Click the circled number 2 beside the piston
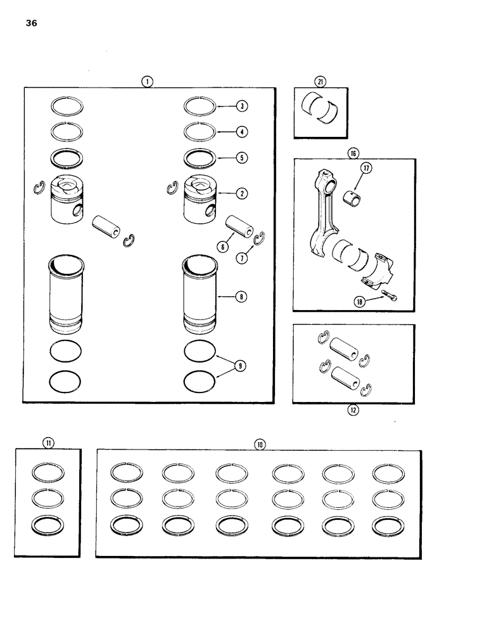click(x=243, y=193)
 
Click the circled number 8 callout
click(x=243, y=296)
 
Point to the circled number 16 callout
click(x=352, y=152)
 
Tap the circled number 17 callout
click(x=367, y=168)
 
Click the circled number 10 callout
click(x=259, y=444)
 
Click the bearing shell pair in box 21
click(x=322, y=110)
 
